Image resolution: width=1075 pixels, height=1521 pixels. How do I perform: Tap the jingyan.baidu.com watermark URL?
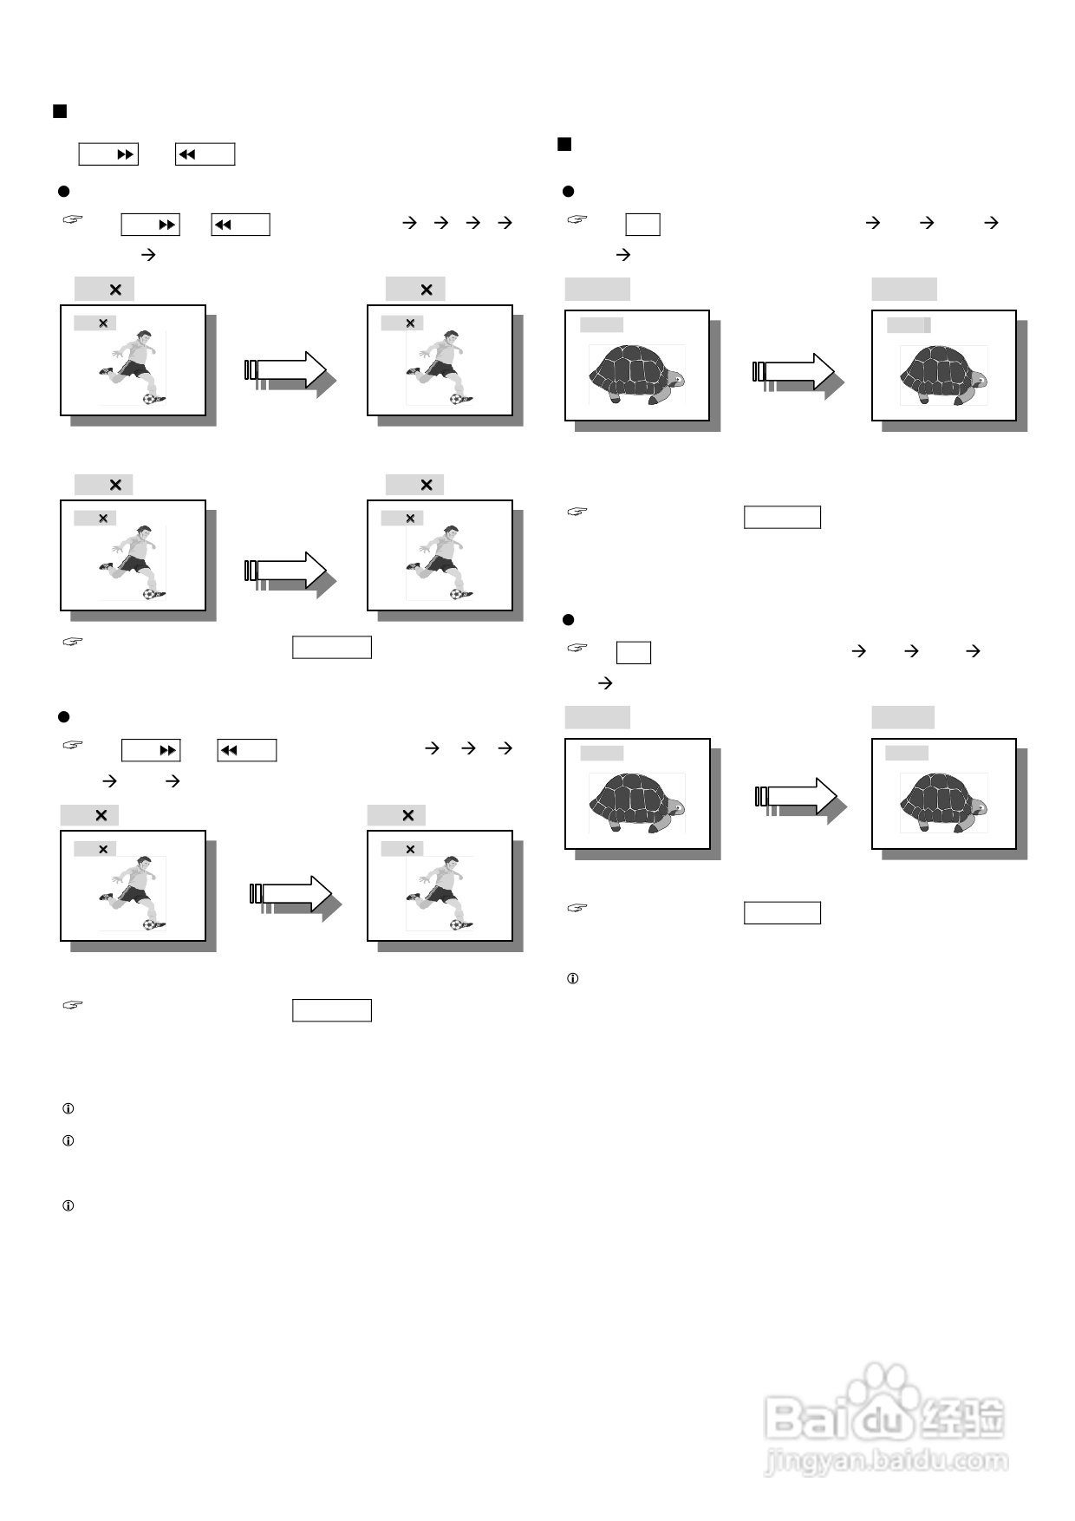887,1462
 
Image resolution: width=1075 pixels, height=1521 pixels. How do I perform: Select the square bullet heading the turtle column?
564,144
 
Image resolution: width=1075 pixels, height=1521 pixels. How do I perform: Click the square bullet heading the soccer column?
60,111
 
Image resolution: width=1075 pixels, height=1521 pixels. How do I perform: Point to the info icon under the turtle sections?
572,979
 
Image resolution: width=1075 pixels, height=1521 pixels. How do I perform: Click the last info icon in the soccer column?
68,1206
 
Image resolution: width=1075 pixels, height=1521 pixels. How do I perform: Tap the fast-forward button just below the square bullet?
108,154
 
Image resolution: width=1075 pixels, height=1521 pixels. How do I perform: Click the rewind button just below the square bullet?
205,154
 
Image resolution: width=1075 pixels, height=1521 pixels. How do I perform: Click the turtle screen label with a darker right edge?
909,325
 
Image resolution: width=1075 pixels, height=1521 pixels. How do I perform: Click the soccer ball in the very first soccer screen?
152,399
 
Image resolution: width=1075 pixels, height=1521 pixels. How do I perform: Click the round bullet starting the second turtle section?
569,620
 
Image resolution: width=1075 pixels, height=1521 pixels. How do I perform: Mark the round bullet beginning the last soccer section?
63,717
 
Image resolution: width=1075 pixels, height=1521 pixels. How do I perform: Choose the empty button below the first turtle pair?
782,518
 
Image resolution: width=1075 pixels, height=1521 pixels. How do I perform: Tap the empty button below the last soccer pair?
332,1010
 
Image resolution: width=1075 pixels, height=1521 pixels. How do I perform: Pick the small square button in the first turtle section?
642,225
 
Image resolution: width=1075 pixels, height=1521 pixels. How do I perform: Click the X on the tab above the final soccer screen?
408,815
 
